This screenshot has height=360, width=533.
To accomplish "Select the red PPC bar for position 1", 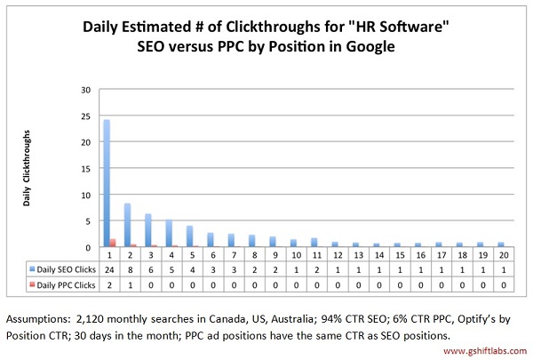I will [x=113, y=243].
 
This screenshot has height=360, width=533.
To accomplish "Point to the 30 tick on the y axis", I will [x=85, y=90].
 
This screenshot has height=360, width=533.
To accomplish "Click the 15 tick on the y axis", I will [x=85, y=169].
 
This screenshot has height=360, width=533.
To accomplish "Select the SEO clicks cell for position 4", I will [x=171, y=267].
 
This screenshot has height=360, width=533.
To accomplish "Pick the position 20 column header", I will [x=504, y=254].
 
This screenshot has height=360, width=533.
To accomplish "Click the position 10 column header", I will [x=294, y=254].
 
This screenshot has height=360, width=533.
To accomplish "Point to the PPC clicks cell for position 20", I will [x=504, y=284].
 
